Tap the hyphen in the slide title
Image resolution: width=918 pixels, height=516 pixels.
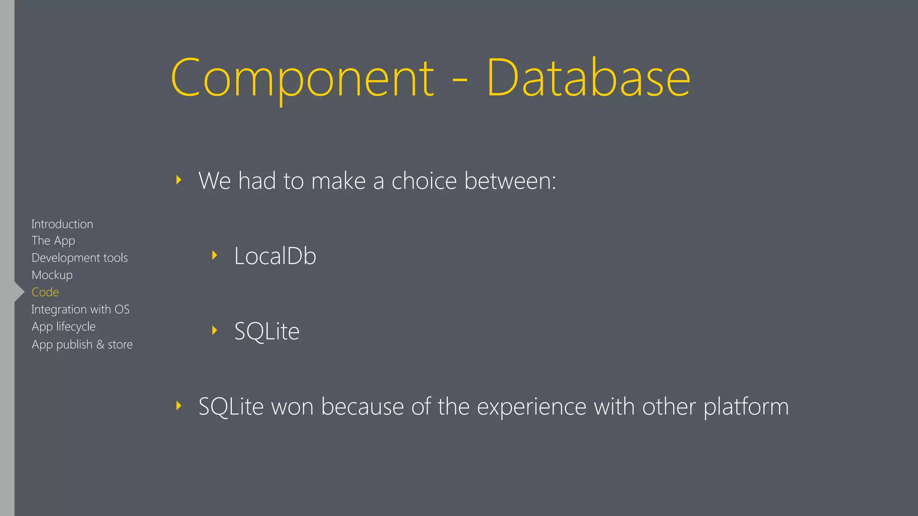tap(460, 82)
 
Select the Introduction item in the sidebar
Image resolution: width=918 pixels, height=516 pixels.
tap(62, 224)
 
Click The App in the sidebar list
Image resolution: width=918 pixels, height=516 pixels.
tap(53, 241)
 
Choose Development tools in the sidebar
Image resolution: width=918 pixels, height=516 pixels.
tap(80, 258)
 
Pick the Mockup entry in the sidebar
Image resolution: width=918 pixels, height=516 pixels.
tap(52, 275)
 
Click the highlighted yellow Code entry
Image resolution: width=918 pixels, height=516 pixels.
tap(45, 292)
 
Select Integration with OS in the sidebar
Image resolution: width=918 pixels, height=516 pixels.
tap(81, 310)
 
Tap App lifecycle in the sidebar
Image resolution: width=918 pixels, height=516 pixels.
tap(64, 327)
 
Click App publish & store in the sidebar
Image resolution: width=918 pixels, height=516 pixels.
tap(82, 344)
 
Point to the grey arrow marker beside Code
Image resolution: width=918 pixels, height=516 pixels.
tap(19, 292)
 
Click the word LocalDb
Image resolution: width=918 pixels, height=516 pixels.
tap(275, 256)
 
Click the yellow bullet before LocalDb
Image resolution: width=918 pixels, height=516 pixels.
tap(215, 255)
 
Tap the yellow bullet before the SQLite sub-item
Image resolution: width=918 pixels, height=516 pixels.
tap(215, 331)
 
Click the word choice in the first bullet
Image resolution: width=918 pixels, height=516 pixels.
tap(424, 181)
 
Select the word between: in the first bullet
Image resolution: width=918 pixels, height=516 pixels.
tap(510, 181)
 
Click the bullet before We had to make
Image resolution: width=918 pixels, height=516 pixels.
tap(179, 180)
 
